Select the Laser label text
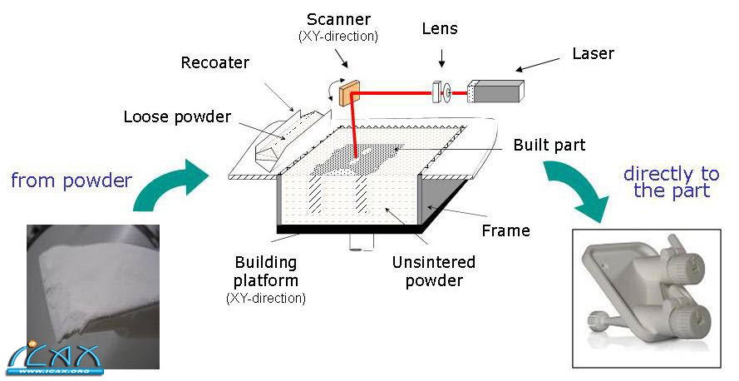[x=593, y=54]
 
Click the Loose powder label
[x=176, y=116]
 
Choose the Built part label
[x=549, y=146]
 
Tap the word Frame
[x=505, y=230]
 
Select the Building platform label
[x=266, y=272]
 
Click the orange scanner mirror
[x=346, y=92]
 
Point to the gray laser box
[x=496, y=91]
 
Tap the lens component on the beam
[x=438, y=92]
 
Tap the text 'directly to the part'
[x=671, y=182]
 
